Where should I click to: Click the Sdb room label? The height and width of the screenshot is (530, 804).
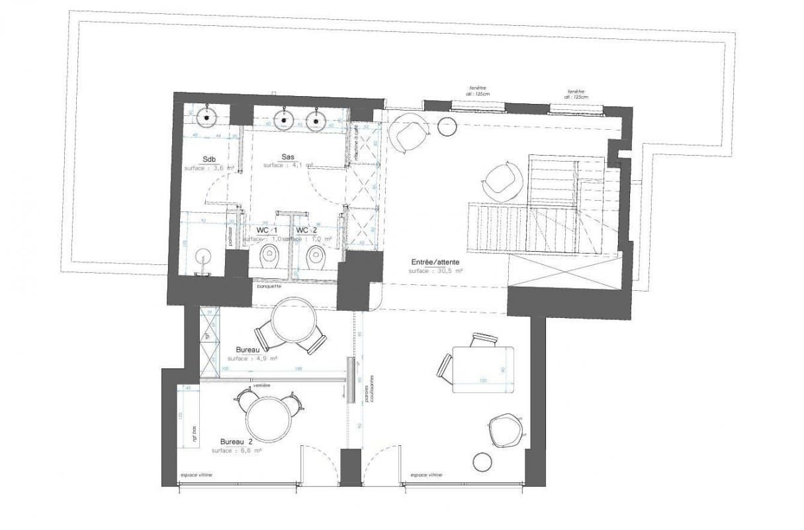[x=208, y=159]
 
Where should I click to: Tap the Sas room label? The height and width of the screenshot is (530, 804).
[x=287, y=156]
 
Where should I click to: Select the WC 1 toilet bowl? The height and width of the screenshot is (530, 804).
[x=269, y=254]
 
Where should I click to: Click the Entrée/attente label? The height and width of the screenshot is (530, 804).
[x=434, y=262]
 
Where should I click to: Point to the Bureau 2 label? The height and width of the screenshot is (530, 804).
[x=236, y=441]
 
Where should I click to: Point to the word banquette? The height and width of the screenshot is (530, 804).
[x=269, y=287]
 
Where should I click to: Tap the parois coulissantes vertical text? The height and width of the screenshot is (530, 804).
[x=374, y=388]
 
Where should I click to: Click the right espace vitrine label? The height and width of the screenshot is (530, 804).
[x=427, y=475]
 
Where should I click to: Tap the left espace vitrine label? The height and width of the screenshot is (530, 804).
[x=196, y=475]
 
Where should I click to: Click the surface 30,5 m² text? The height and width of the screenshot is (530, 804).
[x=434, y=271]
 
